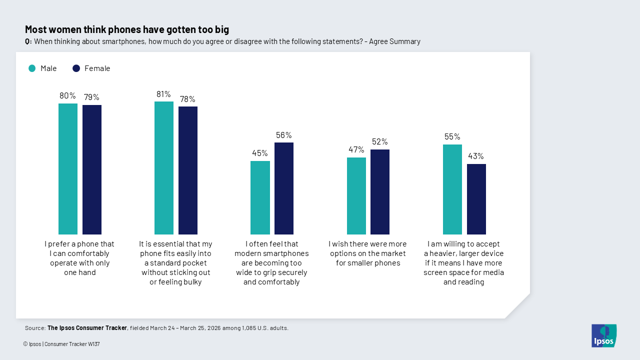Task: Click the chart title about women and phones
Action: (127, 29)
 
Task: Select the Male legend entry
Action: (42, 68)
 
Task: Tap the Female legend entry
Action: (91, 68)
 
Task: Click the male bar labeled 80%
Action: (68, 169)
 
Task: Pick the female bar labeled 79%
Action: (92, 169)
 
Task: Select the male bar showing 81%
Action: (164, 168)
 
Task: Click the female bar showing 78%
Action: (188, 170)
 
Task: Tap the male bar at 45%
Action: (260, 197)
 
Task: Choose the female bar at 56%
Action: (284, 188)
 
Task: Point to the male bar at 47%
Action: (356, 196)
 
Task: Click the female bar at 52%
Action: (380, 192)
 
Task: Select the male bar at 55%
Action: (452, 189)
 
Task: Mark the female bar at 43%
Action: (476, 199)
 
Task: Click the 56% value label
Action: (284, 135)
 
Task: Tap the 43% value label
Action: (476, 156)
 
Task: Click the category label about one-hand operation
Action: (79, 258)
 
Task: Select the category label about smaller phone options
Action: (367, 253)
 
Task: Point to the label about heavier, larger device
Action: (463, 263)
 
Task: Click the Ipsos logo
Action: (604, 335)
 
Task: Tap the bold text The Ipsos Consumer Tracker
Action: (87, 328)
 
